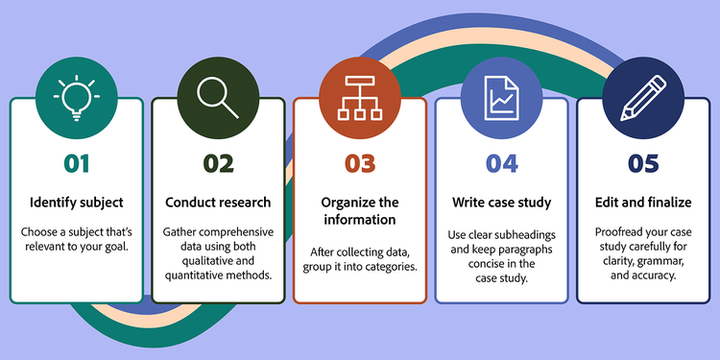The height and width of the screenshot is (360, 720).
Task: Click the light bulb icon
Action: [x=77, y=99]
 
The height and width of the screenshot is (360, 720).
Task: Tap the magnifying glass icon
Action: [x=218, y=98]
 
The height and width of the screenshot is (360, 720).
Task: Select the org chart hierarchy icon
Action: [x=359, y=98]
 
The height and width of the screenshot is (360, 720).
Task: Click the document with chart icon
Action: [x=500, y=99]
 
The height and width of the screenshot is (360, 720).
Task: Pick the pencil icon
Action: [x=641, y=98]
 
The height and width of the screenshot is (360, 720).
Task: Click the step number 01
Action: [x=77, y=163]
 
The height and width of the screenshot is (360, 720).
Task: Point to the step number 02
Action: [x=218, y=163]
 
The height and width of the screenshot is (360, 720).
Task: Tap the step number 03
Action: [x=359, y=163]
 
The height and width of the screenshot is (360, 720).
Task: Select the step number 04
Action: [x=500, y=163]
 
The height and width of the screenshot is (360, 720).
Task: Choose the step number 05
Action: [x=642, y=163]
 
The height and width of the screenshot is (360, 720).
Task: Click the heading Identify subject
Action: [x=77, y=203]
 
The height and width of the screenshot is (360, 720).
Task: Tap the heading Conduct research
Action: [x=218, y=203]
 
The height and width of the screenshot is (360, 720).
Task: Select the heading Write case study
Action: [x=500, y=203]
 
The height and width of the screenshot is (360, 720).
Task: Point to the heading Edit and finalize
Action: [x=642, y=203]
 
